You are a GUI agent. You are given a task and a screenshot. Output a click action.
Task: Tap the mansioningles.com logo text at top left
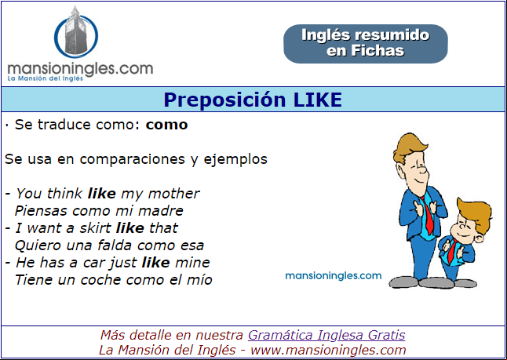[x=80, y=70]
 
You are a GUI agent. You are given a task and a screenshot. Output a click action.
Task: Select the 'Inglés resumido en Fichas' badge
[x=366, y=44]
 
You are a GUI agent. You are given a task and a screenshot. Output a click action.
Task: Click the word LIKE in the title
[x=317, y=100]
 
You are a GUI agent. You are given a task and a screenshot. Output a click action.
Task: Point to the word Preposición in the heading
[x=224, y=100]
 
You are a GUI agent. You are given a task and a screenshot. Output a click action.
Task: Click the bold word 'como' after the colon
[x=166, y=125]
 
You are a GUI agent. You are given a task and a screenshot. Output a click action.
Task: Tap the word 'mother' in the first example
[x=173, y=194]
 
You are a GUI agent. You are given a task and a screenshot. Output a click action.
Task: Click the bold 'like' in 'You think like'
[x=101, y=194]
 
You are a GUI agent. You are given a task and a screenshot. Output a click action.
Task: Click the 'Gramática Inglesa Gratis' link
[x=326, y=335]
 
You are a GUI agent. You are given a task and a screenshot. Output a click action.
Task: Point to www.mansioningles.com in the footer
[x=328, y=350]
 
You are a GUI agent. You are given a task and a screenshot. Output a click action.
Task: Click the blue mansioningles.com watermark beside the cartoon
[x=334, y=276]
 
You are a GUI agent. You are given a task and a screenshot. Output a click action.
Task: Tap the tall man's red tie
[x=428, y=215]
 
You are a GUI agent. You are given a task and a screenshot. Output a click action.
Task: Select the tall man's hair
[x=409, y=147]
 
